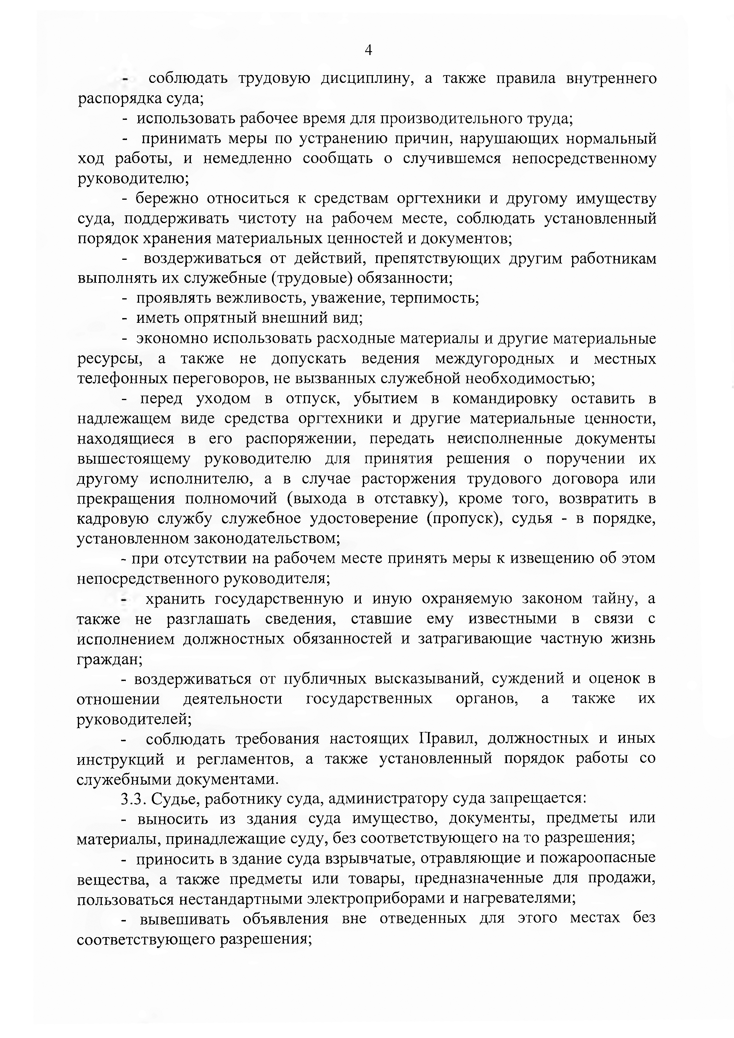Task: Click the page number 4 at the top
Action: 368,50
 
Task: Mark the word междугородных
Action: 495,359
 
